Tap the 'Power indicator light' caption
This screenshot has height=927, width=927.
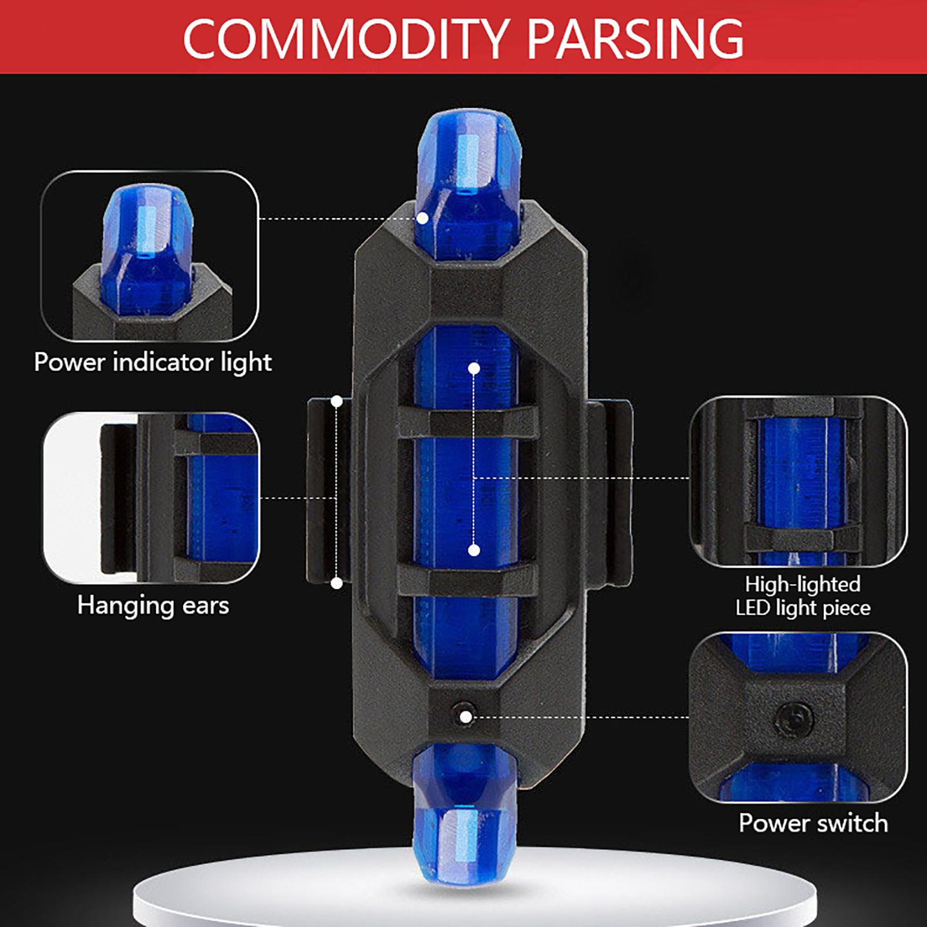(153, 363)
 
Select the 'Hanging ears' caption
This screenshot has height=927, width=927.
(153, 606)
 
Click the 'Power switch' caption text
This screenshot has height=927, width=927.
(813, 823)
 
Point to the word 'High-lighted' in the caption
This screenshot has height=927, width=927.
(802, 584)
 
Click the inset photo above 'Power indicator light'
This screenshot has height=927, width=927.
(150, 256)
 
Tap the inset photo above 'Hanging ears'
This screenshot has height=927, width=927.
(151, 498)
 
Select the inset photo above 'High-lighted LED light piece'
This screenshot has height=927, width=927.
(798, 481)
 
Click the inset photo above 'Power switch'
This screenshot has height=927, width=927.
(798, 717)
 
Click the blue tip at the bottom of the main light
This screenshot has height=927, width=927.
(465, 811)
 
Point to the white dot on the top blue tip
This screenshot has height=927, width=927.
(423, 218)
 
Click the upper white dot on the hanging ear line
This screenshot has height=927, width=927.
(337, 401)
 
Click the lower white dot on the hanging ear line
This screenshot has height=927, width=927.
(337, 583)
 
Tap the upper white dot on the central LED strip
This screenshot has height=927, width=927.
(474, 368)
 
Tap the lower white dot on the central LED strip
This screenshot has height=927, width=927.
(474, 550)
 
